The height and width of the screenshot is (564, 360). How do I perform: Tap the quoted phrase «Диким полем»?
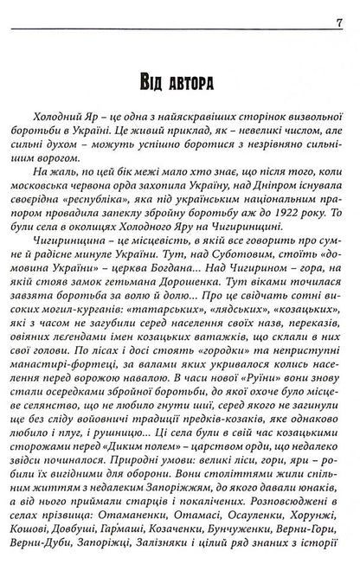click(x=112, y=462)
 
